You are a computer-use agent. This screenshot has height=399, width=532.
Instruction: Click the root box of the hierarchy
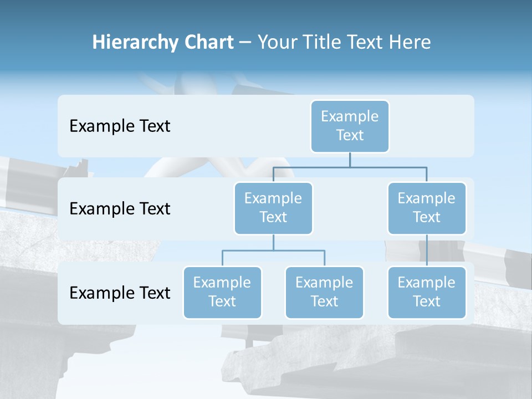click(x=350, y=126)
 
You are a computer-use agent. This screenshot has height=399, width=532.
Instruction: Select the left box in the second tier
click(x=273, y=208)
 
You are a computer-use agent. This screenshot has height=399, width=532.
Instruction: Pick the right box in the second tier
click(x=427, y=208)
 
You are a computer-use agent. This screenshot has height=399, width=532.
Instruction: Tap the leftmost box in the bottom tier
click(x=222, y=292)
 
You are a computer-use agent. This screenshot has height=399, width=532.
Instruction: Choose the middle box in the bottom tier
click(x=324, y=292)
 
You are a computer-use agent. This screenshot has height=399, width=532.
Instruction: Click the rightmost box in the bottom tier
click(x=427, y=292)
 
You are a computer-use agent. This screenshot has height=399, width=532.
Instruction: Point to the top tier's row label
click(x=120, y=126)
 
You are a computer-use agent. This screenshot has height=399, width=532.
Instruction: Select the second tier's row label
click(x=120, y=209)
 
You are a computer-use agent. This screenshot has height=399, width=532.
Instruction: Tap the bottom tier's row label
click(x=120, y=293)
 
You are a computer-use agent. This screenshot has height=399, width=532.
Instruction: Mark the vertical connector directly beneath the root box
click(x=350, y=160)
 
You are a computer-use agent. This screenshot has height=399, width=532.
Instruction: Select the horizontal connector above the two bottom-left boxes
click(x=273, y=250)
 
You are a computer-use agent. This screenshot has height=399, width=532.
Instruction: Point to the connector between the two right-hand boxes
click(x=427, y=250)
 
